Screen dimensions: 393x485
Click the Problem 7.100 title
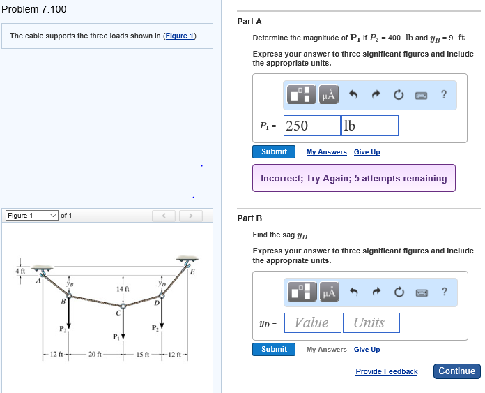(34, 9)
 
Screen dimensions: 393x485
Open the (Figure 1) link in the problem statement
(180, 36)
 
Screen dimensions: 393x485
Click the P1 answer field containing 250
(311, 126)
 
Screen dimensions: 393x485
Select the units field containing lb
(369, 126)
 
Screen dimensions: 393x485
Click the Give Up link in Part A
(367, 152)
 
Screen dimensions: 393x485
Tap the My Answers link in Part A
(326, 152)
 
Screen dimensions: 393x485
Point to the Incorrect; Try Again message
(353, 178)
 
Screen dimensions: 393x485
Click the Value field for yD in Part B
(311, 322)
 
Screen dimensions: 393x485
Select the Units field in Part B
(369, 322)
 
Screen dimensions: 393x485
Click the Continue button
(456, 371)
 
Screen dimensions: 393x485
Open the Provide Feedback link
(386, 371)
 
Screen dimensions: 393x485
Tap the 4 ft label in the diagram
(20, 270)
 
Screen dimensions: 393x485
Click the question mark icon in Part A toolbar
(444, 95)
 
